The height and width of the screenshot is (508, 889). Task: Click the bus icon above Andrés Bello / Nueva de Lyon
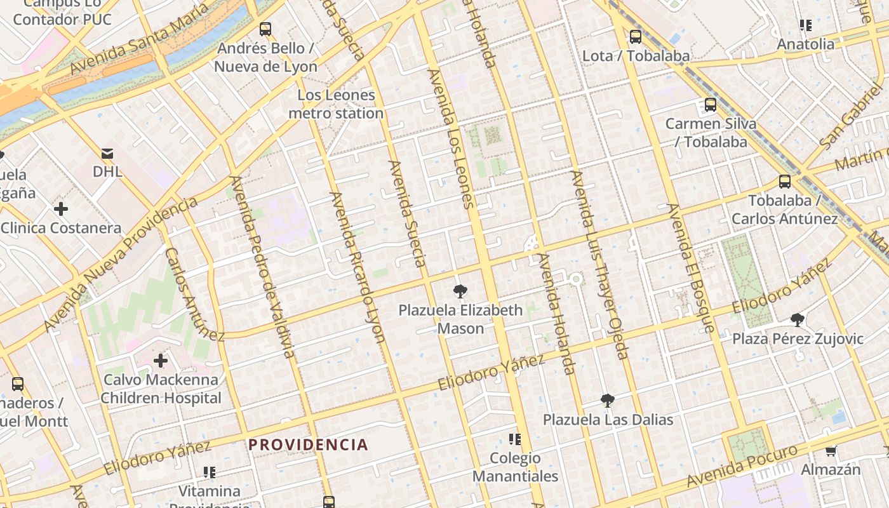tap(265, 29)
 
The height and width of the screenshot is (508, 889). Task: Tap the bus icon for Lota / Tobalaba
tap(635, 37)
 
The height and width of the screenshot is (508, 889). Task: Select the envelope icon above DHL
tap(107, 153)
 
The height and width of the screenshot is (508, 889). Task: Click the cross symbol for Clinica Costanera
tap(61, 208)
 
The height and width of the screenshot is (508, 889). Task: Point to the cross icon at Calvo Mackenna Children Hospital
tap(161, 361)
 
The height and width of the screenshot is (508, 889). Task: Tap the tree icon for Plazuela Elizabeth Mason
tap(460, 291)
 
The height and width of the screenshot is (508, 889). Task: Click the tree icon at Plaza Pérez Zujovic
tap(798, 320)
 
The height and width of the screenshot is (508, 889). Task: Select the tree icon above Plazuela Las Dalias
tap(608, 401)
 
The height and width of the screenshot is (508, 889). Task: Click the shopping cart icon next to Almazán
tap(831, 451)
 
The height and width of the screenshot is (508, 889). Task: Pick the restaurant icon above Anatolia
tap(806, 25)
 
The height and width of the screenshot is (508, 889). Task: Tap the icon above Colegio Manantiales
tap(515, 439)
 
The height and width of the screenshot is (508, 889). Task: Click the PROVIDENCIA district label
tap(308, 444)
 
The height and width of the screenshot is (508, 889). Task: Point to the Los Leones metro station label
tap(336, 104)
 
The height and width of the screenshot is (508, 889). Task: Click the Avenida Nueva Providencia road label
tap(121, 265)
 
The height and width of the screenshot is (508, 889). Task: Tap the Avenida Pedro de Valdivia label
tap(262, 267)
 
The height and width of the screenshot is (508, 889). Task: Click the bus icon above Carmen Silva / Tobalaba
tap(711, 105)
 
